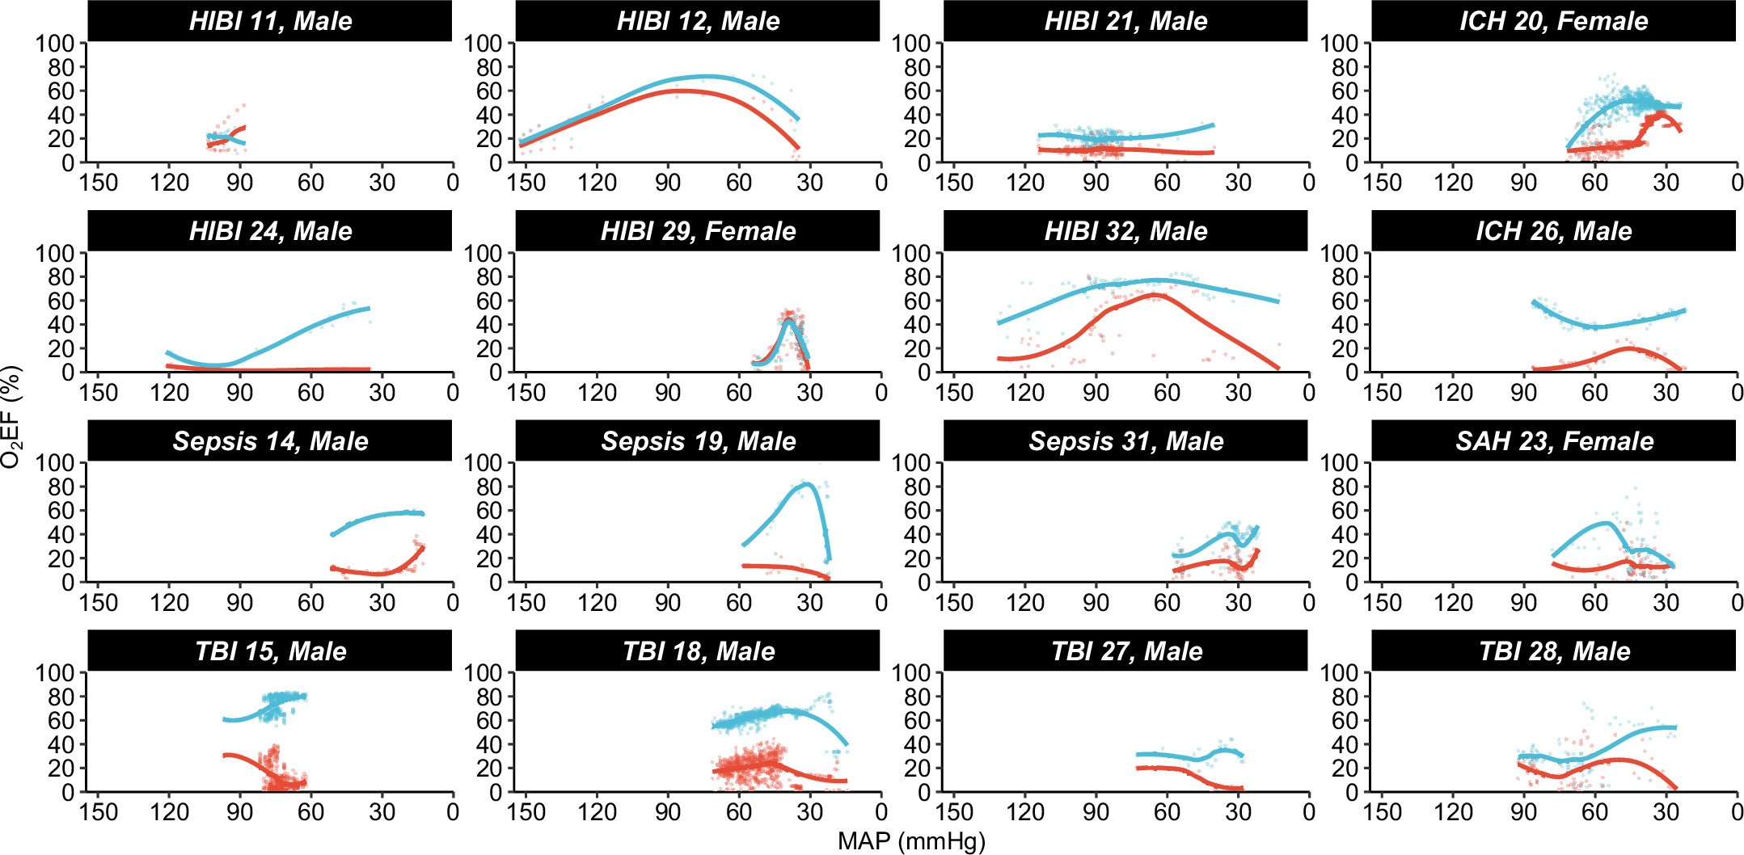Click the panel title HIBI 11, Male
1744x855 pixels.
click(x=270, y=21)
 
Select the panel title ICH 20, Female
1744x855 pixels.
click(x=1553, y=21)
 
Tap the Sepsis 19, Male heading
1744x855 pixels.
click(x=698, y=441)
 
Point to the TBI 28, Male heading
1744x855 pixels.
click(x=1553, y=651)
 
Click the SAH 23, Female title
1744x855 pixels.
click(x=1553, y=441)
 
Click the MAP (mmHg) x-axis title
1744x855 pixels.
click(x=911, y=841)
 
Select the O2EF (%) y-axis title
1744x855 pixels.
click(x=11, y=417)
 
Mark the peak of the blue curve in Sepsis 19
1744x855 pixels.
click(x=807, y=484)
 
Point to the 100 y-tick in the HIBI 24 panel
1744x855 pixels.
click(x=55, y=253)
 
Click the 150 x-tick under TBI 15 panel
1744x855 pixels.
click(x=99, y=811)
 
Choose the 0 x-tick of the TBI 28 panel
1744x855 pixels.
click(x=1736, y=811)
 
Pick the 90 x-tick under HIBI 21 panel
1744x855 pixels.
click(x=1096, y=182)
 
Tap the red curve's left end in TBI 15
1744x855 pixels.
click(x=225, y=756)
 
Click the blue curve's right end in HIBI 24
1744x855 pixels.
click(x=369, y=308)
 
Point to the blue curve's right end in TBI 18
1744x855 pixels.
click(x=847, y=744)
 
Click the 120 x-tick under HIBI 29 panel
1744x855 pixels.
click(x=597, y=392)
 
